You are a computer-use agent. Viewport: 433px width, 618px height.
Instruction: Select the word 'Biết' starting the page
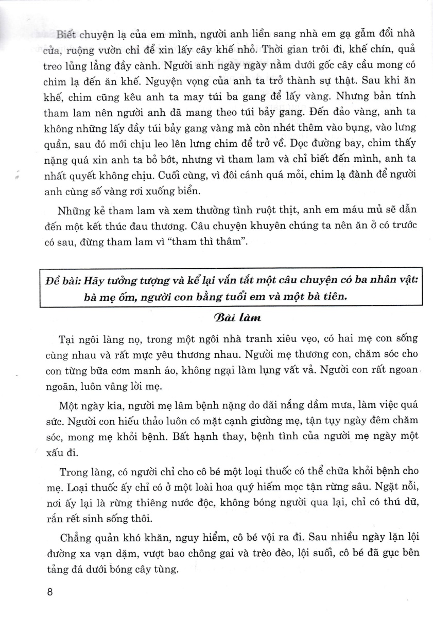[x=69, y=35]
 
